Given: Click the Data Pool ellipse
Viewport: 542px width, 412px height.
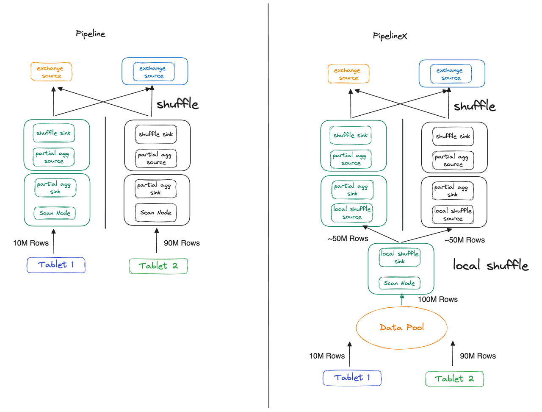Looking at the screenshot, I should [x=401, y=328].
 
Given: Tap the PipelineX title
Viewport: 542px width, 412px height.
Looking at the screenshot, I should [x=390, y=36].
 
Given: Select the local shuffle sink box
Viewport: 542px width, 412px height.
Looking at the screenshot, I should [x=399, y=257].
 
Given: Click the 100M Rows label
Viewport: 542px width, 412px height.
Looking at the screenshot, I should [x=437, y=299].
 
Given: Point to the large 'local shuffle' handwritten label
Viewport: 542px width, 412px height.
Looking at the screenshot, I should [x=490, y=266].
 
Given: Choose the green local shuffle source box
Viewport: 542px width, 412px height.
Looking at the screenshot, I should [x=352, y=213].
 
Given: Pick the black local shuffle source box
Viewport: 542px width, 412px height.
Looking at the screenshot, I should [x=453, y=214].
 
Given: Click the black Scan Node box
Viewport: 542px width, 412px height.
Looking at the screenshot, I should [x=156, y=212].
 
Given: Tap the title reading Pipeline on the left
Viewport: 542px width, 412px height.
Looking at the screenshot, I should [x=90, y=34].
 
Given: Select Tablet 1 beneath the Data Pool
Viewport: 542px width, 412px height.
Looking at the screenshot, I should [x=352, y=378].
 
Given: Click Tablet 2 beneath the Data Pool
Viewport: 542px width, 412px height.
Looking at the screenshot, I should [x=454, y=379].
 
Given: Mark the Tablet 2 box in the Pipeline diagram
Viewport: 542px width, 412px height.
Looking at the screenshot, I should [x=158, y=266].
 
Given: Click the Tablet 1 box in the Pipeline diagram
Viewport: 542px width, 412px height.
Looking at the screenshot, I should [x=56, y=265].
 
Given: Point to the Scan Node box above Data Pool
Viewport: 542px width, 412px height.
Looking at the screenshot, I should [x=399, y=283].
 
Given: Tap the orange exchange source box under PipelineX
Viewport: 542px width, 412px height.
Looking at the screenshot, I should [x=348, y=74].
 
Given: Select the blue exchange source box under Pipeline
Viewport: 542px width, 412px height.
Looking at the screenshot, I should [x=154, y=72].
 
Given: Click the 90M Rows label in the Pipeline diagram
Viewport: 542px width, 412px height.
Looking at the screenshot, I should [x=182, y=243].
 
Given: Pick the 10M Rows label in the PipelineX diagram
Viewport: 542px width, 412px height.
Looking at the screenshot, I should [x=326, y=356].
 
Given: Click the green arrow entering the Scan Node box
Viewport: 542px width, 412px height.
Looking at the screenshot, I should [x=402, y=300].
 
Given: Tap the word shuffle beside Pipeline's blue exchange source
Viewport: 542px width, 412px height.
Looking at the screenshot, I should [x=177, y=104].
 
